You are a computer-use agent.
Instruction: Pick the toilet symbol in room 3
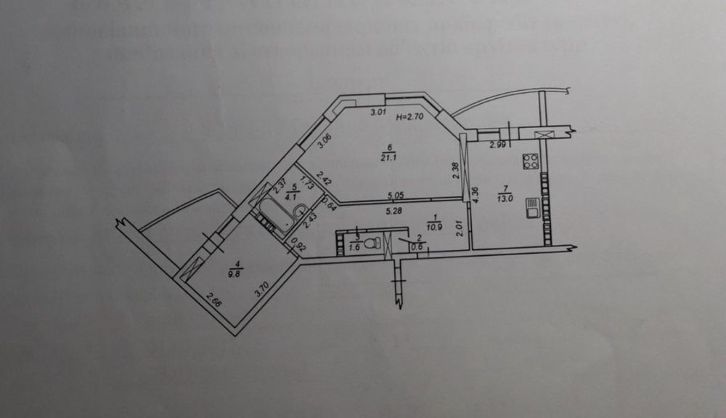[372, 242]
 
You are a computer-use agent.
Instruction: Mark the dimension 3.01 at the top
[377, 112]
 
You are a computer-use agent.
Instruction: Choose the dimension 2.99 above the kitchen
[497, 145]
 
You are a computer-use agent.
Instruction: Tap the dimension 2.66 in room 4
[213, 298]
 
